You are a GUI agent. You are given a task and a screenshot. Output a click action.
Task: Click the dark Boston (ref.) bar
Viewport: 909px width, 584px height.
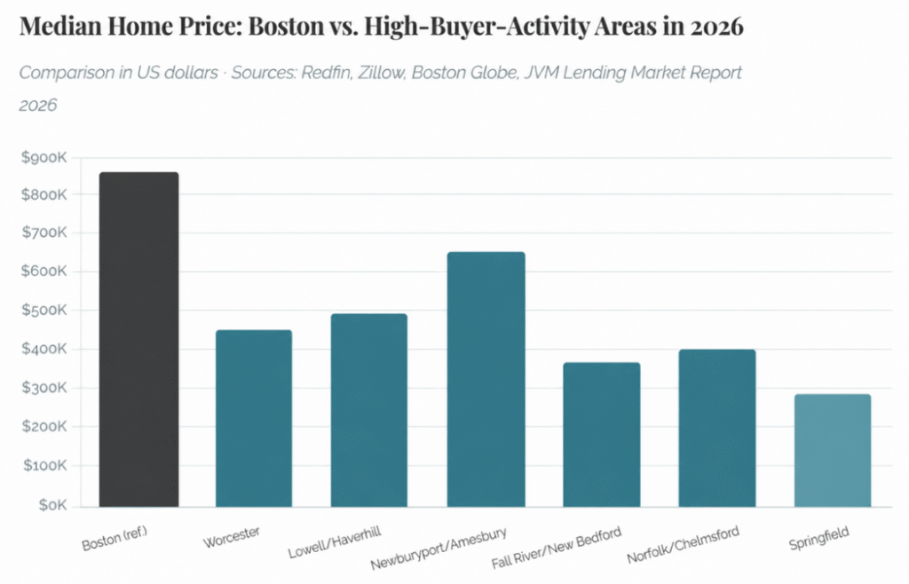(138, 339)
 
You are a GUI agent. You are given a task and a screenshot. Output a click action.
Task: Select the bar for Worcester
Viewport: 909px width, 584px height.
(254, 418)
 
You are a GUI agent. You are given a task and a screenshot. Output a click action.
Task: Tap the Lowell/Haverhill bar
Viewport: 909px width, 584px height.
(369, 410)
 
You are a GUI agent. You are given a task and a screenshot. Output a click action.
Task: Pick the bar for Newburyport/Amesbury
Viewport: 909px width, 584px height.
(486, 379)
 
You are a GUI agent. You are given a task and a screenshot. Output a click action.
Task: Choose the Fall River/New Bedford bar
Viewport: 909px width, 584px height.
(601, 434)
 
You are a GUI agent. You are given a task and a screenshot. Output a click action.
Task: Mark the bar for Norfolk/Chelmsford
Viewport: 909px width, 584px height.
(716, 428)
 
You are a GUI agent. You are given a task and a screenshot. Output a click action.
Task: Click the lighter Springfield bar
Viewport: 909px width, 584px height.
(832, 450)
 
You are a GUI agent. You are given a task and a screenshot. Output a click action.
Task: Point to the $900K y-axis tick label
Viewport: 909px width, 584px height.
(43, 157)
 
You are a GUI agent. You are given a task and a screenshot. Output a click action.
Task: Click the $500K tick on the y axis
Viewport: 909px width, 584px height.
(43, 312)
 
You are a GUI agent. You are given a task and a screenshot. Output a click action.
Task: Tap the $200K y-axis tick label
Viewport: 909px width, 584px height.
(43, 427)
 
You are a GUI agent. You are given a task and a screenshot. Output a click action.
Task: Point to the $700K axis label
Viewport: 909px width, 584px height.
(43, 233)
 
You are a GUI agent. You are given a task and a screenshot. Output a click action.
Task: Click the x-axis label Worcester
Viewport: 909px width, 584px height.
(232, 536)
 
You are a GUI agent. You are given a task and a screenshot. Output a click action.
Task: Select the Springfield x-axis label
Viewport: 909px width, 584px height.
(818, 538)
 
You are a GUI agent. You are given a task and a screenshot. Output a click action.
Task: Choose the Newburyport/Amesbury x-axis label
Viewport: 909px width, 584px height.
(439, 548)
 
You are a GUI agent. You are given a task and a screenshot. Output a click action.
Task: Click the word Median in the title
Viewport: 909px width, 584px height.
(62, 27)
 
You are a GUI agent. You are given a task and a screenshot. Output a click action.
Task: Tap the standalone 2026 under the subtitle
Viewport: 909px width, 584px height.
(38, 106)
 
